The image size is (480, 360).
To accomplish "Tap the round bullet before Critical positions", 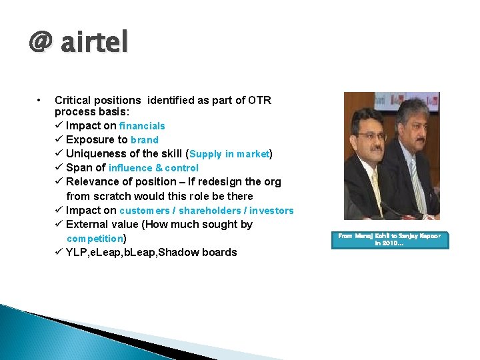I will tap(41, 101).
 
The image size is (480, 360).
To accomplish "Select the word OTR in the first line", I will tap(259, 100).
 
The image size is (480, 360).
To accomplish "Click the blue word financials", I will tap(142, 126).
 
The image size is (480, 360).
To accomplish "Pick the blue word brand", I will tap(145, 140).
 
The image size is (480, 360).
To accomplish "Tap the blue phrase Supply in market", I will tap(229, 154).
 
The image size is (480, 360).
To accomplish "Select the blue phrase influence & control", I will tap(153, 168).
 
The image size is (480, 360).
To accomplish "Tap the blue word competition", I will tap(95, 239).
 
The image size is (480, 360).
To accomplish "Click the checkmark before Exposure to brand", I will tap(59, 140).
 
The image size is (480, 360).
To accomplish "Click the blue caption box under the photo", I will tap(390, 240).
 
